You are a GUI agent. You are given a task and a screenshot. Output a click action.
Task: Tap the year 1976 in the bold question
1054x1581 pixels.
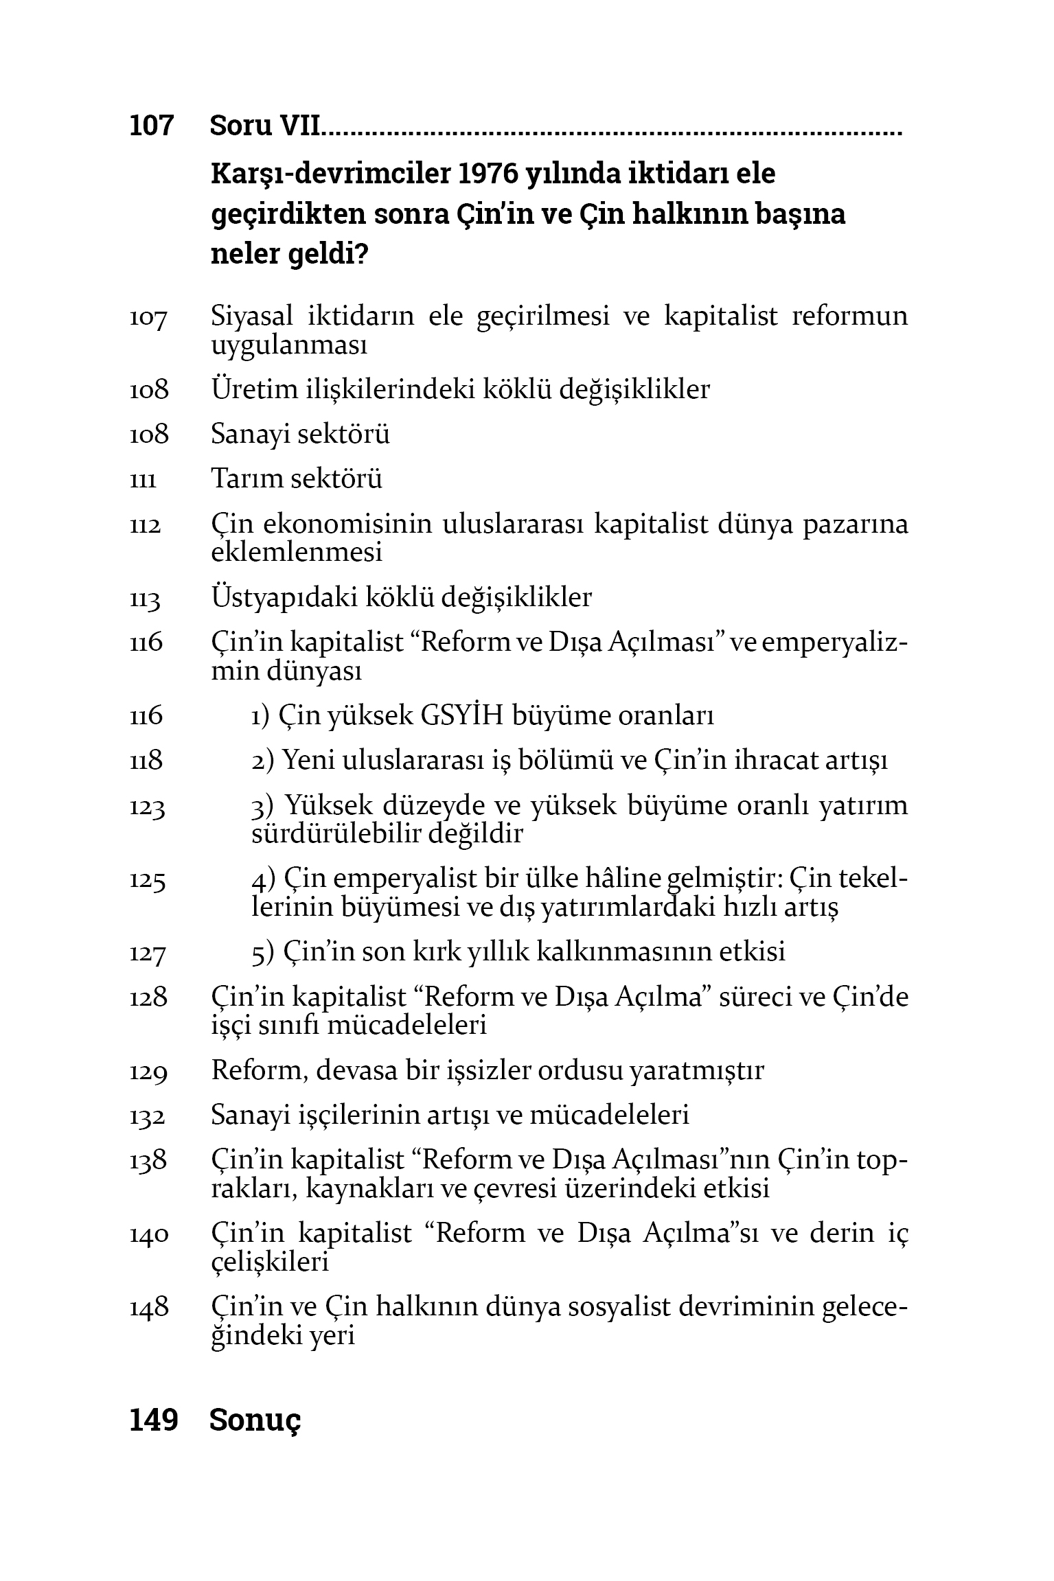click(x=484, y=174)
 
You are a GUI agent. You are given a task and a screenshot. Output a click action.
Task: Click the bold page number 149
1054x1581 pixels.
click(x=153, y=1420)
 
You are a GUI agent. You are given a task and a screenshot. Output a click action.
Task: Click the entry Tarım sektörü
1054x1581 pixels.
click(x=296, y=478)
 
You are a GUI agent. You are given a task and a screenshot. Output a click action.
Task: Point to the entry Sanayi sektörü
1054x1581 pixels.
click(x=300, y=434)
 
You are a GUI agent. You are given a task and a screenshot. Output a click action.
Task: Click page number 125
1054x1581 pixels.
click(x=148, y=881)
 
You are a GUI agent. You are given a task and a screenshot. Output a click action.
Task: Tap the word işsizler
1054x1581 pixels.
click(x=486, y=1071)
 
